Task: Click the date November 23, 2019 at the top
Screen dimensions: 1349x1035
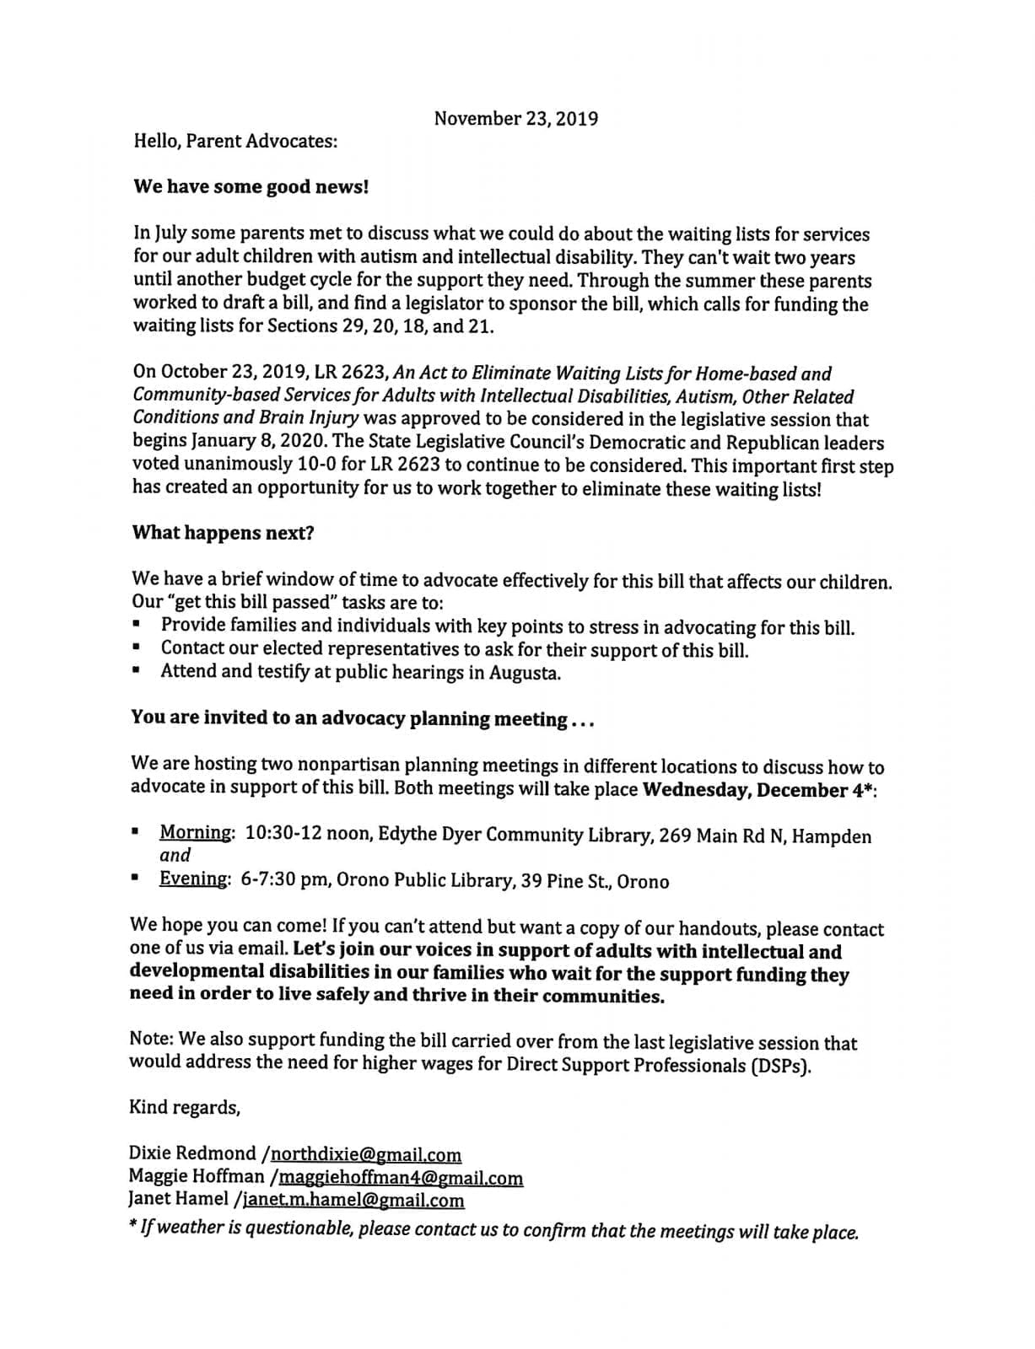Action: [x=515, y=119]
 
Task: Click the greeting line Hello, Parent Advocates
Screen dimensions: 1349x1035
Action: [x=235, y=141]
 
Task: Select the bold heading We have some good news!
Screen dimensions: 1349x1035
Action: [x=251, y=187]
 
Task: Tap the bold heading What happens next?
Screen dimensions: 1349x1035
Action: [x=223, y=533]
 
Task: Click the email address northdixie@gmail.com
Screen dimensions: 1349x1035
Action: [x=366, y=1154]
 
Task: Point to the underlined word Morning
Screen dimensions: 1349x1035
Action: [x=196, y=833]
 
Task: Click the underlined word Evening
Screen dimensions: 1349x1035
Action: [x=193, y=879]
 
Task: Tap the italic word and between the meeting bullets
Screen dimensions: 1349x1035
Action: [x=175, y=855]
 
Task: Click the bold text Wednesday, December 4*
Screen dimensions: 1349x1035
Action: [x=757, y=790]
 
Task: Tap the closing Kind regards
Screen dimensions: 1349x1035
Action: [x=184, y=1107]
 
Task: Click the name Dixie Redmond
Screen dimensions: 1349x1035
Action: [x=192, y=1153]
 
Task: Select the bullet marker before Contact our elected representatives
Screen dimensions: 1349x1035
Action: [x=136, y=649]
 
